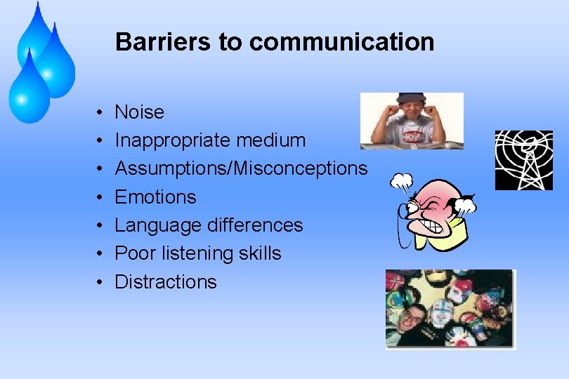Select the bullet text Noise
pyautogui.click(x=139, y=112)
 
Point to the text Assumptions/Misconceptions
pyautogui.click(x=241, y=168)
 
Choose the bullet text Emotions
pyautogui.click(x=155, y=197)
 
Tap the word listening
pyautogui.click(x=191, y=253)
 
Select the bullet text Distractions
pyautogui.click(x=166, y=282)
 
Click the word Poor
pyautogui.click(x=133, y=253)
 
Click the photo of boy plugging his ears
pyautogui.click(x=412, y=121)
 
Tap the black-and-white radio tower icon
pyautogui.click(x=523, y=160)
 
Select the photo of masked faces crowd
pyautogui.click(x=450, y=309)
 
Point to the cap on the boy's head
pyautogui.click(x=411, y=98)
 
